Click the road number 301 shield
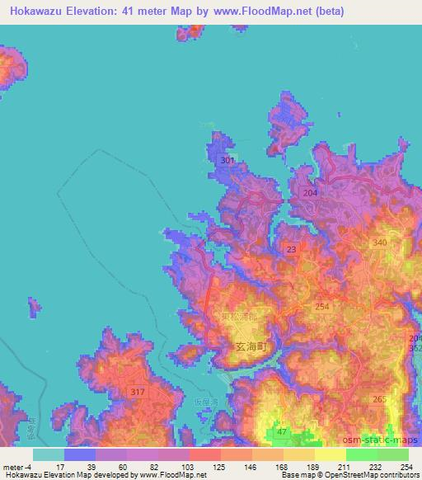[x=228, y=160]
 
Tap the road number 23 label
[x=292, y=248]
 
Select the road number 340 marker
[x=380, y=242]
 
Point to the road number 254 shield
[x=322, y=306]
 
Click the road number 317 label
[x=138, y=393]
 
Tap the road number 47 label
[x=283, y=431]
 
